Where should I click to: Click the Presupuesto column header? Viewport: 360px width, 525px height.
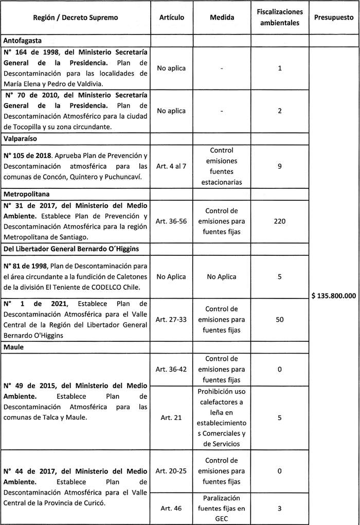(334, 17)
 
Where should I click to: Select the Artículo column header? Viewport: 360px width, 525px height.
(171, 17)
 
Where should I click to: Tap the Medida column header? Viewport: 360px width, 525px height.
(222, 17)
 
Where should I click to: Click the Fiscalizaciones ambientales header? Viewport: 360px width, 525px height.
(279, 17)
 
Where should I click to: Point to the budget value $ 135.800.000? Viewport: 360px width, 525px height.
(335, 296)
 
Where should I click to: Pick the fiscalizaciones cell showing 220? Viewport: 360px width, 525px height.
(279, 221)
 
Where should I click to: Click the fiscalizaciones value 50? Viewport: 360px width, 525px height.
(279, 320)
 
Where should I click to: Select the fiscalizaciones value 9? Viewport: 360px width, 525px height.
(279, 166)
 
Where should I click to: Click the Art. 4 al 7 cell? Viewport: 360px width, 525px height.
(171, 166)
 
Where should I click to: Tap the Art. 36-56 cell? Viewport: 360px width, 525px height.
(171, 221)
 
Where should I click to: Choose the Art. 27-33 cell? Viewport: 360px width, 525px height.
(171, 320)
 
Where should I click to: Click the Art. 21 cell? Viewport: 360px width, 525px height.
(171, 417)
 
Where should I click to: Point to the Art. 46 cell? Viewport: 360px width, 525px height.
(171, 508)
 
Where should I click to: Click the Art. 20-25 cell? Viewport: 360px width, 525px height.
(171, 470)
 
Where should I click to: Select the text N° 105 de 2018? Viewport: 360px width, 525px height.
(27, 155)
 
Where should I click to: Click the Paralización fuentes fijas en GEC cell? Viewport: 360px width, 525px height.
(222, 508)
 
